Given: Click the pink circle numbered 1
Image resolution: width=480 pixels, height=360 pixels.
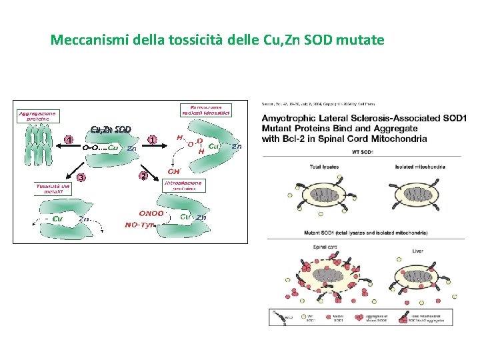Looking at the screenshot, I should [x=153, y=140].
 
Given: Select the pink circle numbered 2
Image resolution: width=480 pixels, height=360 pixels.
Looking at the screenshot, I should [x=143, y=176].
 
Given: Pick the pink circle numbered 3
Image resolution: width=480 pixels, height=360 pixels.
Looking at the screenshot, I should [x=81, y=177].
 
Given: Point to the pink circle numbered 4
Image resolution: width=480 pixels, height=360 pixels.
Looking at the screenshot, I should [x=68, y=140].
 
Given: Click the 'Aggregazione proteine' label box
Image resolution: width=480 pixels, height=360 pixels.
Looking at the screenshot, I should [x=37, y=117].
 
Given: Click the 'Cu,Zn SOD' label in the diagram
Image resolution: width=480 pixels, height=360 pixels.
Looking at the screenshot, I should [x=111, y=129].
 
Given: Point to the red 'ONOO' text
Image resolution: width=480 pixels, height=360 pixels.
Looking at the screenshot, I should [x=149, y=213].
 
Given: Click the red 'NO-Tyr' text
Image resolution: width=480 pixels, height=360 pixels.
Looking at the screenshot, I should [x=140, y=225].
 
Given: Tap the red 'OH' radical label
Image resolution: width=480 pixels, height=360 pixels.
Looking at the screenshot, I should [x=172, y=170].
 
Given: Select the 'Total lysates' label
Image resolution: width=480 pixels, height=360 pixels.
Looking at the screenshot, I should [x=323, y=166].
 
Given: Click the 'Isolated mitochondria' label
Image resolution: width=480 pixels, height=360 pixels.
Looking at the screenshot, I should [x=419, y=166].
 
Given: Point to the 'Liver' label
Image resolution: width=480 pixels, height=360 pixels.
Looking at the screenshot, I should [x=419, y=251].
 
